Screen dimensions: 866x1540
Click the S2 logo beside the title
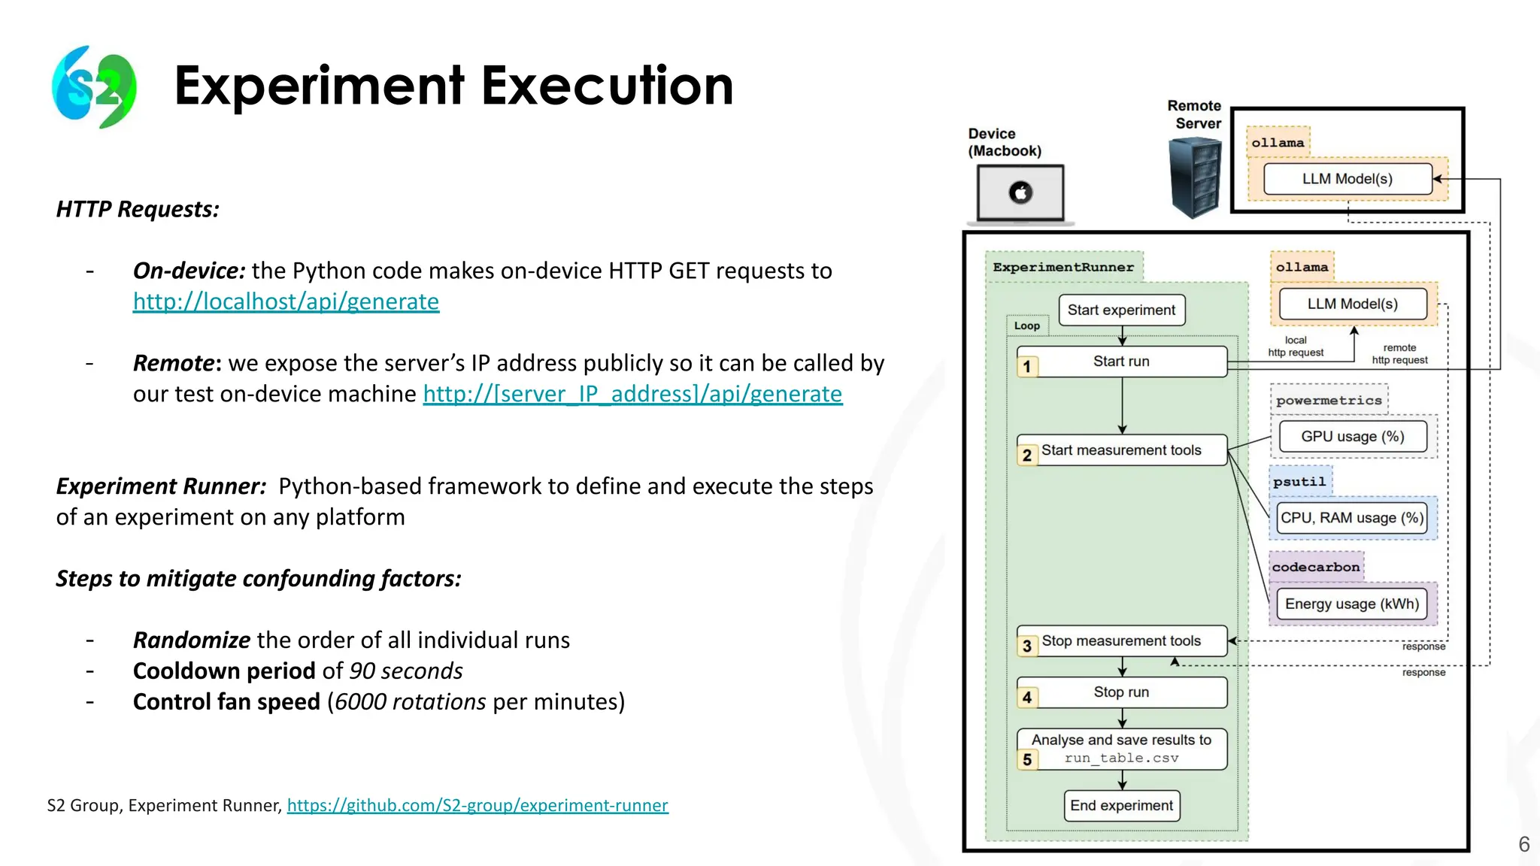point(95,86)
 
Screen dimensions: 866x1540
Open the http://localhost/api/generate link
point(286,301)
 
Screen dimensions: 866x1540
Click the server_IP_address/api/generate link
point(632,394)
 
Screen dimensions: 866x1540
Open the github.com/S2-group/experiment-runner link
point(477,806)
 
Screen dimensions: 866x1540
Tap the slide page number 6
point(1524,844)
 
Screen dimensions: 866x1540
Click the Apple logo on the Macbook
point(1020,192)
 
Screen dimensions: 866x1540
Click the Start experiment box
point(1121,310)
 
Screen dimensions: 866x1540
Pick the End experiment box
point(1121,806)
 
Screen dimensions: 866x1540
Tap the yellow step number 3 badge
point(1027,646)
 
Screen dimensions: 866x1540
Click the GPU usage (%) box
point(1352,437)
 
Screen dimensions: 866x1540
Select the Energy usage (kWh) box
point(1352,604)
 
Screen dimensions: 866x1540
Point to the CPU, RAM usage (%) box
point(1352,518)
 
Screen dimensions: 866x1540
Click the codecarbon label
point(1316,568)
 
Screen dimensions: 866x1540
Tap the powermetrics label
point(1329,401)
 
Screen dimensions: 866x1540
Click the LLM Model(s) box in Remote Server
point(1347,179)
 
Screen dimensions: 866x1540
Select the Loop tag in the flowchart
point(1026,326)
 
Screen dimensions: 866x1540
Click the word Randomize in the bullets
point(192,640)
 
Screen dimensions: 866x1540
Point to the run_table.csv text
point(1121,759)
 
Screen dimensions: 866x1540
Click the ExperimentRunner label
point(1063,268)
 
